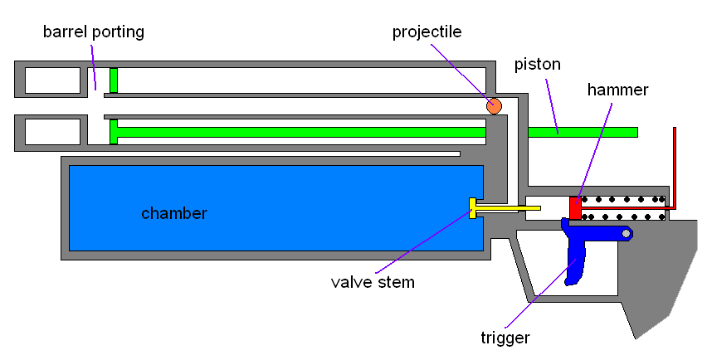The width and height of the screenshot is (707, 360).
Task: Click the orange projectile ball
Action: (x=494, y=105)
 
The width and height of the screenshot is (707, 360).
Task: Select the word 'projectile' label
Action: (x=427, y=32)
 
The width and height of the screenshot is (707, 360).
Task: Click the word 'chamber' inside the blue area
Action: (x=174, y=213)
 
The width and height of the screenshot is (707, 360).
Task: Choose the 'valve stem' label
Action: (x=373, y=282)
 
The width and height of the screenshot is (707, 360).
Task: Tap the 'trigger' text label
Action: (x=505, y=338)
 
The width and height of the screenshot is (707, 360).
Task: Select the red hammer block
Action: (x=575, y=208)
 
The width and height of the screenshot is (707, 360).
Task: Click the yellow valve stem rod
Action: (x=506, y=208)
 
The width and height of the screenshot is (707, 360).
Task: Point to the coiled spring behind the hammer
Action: (x=623, y=208)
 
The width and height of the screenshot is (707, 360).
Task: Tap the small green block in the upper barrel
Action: (x=114, y=80)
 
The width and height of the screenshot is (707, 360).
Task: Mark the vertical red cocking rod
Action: (x=674, y=166)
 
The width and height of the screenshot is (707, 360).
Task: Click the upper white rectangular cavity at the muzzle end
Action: (x=52, y=80)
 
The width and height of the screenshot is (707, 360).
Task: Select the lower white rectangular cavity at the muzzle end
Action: (x=52, y=131)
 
